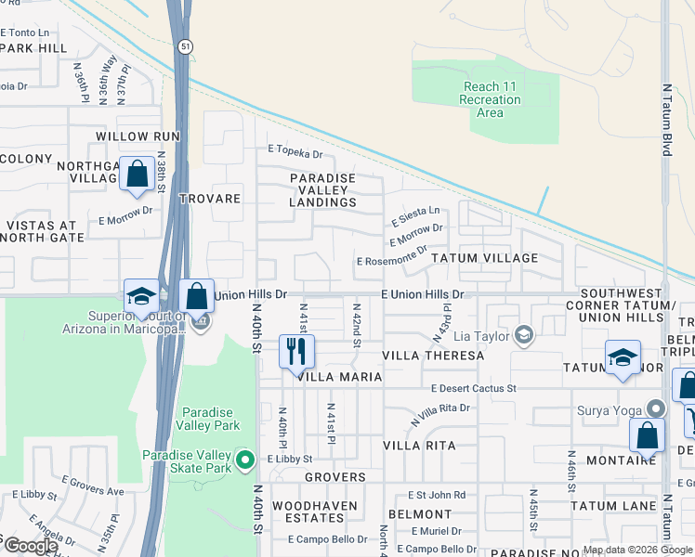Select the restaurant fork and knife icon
(x=296, y=351)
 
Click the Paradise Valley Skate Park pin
(x=245, y=459)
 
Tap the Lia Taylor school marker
(x=524, y=335)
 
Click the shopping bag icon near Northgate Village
(x=137, y=174)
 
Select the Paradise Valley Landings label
(x=322, y=190)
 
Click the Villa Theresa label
(x=434, y=356)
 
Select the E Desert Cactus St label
(x=473, y=388)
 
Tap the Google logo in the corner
(x=31, y=546)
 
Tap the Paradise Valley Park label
(x=211, y=419)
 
